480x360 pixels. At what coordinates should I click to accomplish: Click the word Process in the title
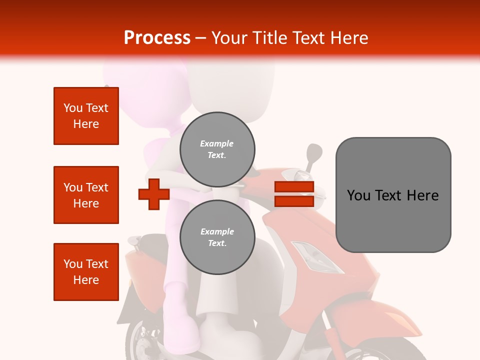(x=157, y=38)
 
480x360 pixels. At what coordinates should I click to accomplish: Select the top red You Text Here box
(x=86, y=116)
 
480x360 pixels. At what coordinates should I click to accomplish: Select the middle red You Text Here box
(x=86, y=195)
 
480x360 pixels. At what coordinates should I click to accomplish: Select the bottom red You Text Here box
(x=86, y=272)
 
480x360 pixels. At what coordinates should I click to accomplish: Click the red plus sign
(x=154, y=194)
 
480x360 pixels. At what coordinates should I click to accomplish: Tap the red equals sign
(x=294, y=194)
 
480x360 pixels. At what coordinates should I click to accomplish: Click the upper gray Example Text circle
(x=217, y=149)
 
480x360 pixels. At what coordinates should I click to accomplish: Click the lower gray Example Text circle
(x=217, y=237)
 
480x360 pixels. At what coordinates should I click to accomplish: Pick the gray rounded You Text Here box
(x=393, y=195)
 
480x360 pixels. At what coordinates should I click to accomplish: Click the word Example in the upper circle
(x=216, y=143)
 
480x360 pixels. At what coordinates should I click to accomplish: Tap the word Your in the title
(x=229, y=38)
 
